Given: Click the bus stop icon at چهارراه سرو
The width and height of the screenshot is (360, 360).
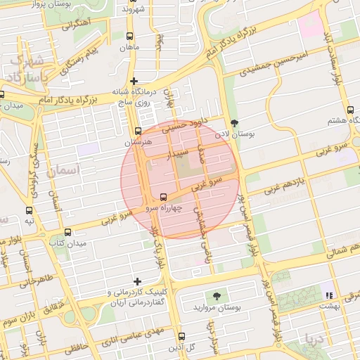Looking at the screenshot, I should [x=164, y=197].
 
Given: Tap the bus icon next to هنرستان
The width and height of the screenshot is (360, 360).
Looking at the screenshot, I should [x=138, y=131].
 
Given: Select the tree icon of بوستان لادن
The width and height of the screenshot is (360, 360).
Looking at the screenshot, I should [x=234, y=123].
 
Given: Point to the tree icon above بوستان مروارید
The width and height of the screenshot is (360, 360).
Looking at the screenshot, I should [x=216, y=296].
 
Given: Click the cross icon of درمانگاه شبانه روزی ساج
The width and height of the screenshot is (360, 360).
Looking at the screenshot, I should [x=134, y=82].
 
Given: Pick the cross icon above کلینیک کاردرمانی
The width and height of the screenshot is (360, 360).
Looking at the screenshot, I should [x=137, y=281].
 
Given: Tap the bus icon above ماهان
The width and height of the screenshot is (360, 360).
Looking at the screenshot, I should [x=129, y=37].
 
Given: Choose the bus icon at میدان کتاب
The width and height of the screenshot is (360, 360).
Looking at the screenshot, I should [x=67, y=232].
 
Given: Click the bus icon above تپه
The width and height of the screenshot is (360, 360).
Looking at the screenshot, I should [x=30, y=210].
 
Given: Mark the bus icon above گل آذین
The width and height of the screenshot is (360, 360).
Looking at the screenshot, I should [x=181, y=336].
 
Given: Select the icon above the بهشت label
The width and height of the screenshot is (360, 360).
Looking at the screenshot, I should [x=328, y=295].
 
